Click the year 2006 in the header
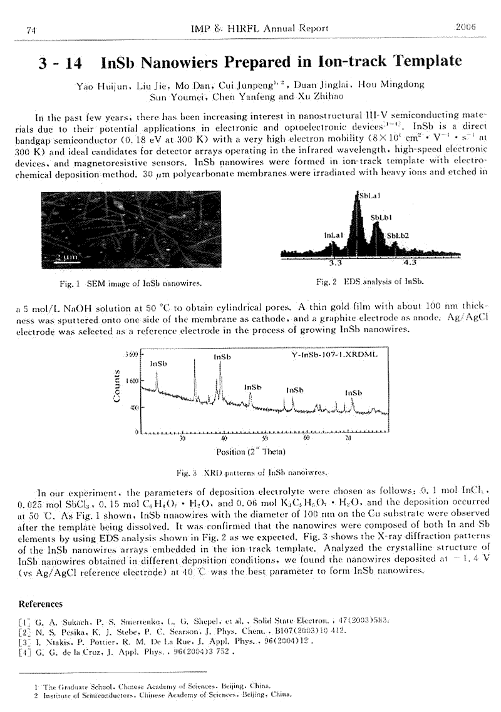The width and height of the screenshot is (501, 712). click(467, 28)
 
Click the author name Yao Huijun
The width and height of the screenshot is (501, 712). click(98, 84)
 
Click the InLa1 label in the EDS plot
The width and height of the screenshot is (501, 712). click(334, 235)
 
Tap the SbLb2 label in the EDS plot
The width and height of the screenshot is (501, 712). click(398, 236)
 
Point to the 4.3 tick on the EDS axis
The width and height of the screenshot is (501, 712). click(410, 262)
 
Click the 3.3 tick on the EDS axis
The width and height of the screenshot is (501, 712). click(336, 262)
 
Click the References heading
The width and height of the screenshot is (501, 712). click(41, 604)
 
